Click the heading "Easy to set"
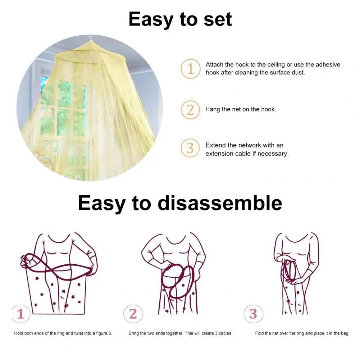[x=180, y=19]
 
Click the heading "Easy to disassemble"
[x=180, y=203]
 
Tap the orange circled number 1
[x=190, y=68]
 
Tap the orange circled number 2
[x=190, y=110]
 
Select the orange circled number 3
[x=190, y=148]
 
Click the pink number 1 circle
[x=20, y=314]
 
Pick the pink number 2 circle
[x=133, y=314]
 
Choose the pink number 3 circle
[x=253, y=314]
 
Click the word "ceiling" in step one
[x=275, y=65]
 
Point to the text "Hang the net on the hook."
[x=241, y=109]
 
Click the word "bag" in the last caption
[x=344, y=333]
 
